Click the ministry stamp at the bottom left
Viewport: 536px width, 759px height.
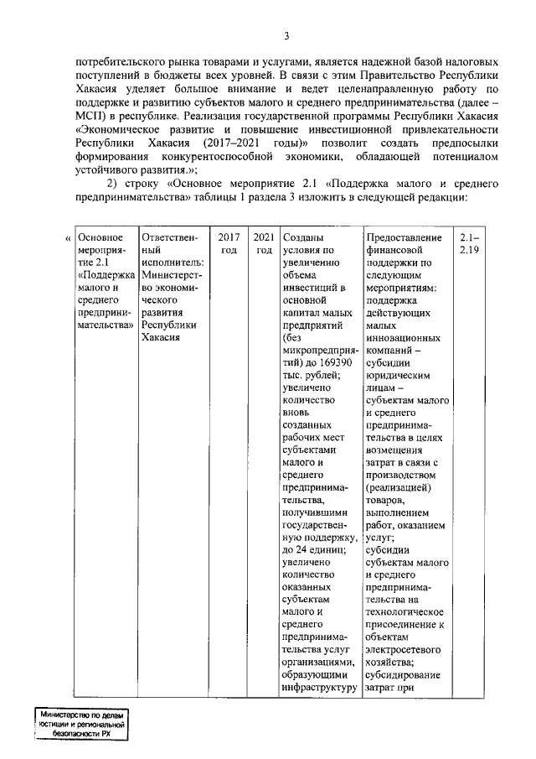pos(80,723)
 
